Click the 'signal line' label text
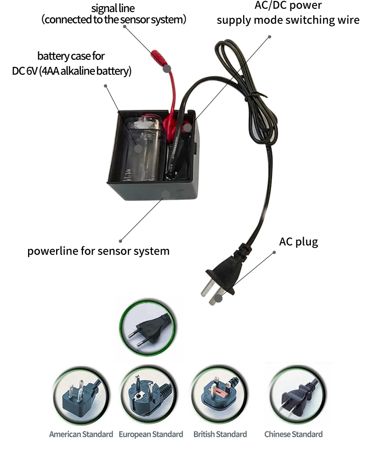pyautogui.click(x=113, y=8)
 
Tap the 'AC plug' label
pyautogui.click(x=298, y=242)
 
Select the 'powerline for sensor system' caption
pyautogui.click(x=98, y=251)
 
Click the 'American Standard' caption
pyautogui.click(x=81, y=434)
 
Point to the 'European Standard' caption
pyautogui.click(x=151, y=434)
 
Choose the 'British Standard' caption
pyautogui.click(x=220, y=434)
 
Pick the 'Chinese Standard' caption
pyautogui.click(x=293, y=434)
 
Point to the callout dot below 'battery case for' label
pyautogui.click(x=106, y=86)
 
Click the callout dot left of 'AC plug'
pyautogui.click(x=274, y=252)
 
